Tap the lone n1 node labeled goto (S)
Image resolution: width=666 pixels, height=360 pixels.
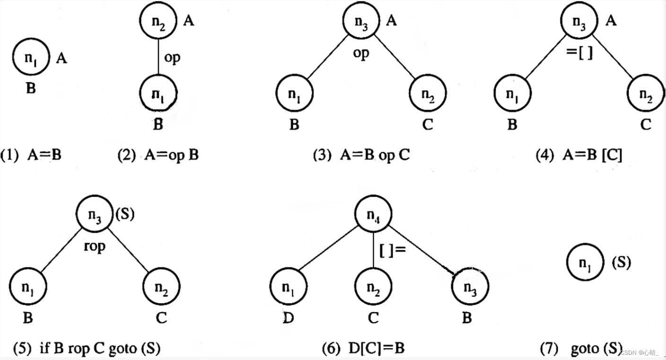[585, 263]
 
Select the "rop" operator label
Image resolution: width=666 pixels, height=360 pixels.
[95, 246]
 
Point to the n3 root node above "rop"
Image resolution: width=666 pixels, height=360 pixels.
[94, 215]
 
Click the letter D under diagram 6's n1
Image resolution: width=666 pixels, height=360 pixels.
[288, 318]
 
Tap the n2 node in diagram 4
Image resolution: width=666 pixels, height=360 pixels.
[645, 93]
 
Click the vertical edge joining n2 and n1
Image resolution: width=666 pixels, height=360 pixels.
[158, 57]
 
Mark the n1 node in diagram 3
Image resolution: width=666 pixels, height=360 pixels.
[294, 93]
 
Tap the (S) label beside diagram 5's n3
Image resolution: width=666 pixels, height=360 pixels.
[125, 214]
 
